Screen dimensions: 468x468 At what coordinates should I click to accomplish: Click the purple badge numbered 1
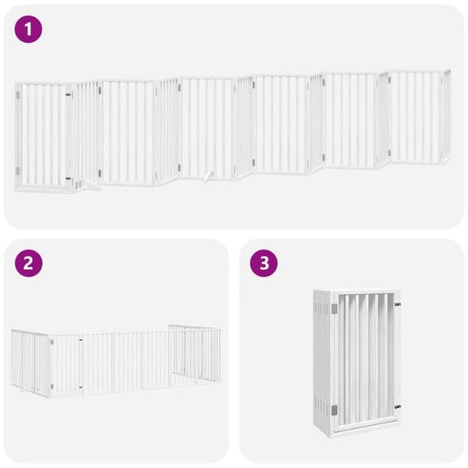click(x=28, y=30)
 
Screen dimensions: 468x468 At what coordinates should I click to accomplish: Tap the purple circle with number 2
click(x=28, y=264)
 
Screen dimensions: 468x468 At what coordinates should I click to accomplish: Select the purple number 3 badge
click(x=264, y=264)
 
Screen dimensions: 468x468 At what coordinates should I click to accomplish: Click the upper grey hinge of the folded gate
click(x=335, y=309)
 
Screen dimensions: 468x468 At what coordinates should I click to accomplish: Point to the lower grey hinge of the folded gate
click(x=335, y=410)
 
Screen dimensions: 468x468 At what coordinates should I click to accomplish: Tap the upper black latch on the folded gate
click(x=398, y=304)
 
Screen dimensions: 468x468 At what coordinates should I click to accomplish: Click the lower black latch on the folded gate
click(x=398, y=406)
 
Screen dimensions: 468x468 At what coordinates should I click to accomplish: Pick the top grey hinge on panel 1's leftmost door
click(x=18, y=95)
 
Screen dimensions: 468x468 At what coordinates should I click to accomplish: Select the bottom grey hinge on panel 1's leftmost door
click(x=18, y=171)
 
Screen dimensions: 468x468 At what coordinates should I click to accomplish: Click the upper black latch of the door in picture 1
click(x=69, y=94)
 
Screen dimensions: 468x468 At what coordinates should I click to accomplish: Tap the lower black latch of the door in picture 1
click(x=69, y=179)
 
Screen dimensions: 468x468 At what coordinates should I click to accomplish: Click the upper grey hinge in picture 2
click(x=52, y=342)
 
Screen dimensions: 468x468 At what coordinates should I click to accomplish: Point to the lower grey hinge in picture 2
click(x=52, y=387)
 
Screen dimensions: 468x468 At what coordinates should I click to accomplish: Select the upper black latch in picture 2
click(x=80, y=340)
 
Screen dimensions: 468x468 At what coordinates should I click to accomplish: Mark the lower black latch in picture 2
click(x=80, y=388)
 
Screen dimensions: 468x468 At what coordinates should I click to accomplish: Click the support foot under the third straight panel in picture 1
click(x=209, y=176)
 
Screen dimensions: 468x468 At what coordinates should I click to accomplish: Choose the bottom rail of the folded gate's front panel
click(x=365, y=421)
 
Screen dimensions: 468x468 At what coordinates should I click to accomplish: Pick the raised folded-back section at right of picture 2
click(x=194, y=353)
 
